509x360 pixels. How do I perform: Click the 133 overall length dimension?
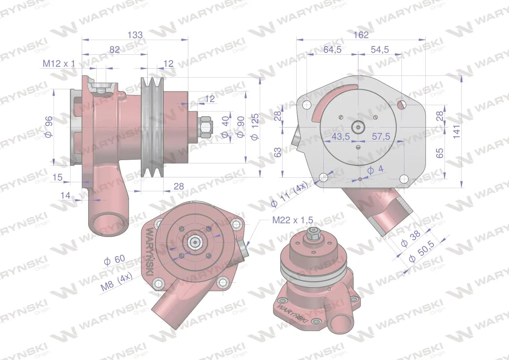(135, 35)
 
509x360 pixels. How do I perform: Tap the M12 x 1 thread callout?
(59, 64)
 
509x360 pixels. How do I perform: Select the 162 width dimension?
(361, 35)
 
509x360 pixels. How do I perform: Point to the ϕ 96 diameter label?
(49, 127)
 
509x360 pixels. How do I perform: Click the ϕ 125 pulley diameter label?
(255, 127)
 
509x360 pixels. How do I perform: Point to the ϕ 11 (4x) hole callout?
(290, 195)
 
